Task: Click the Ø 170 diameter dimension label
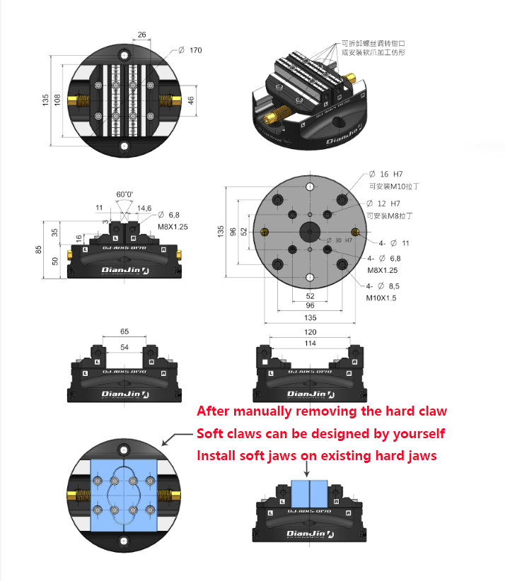(x=190, y=50)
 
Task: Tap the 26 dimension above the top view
(x=141, y=34)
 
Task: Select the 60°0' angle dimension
(x=124, y=194)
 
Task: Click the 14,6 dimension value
(x=144, y=208)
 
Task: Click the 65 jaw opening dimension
(x=124, y=331)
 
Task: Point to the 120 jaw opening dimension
(x=310, y=331)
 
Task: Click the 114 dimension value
(x=310, y=344)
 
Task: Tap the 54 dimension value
(x=124, y=347)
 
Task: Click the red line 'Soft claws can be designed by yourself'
(x=320, y=433)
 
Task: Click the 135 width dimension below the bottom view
(x=310, y=318)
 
